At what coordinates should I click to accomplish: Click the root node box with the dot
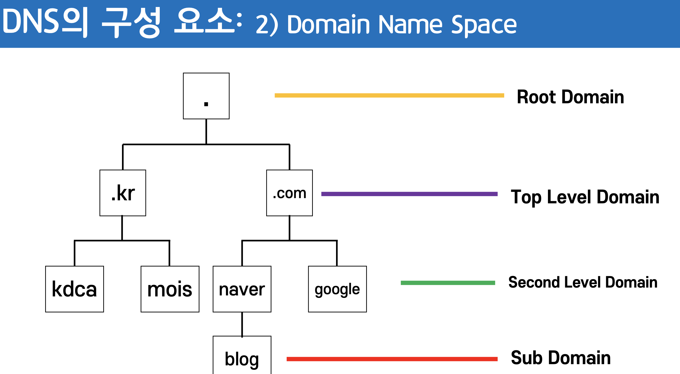point(206,96)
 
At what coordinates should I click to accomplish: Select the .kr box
point(123,193)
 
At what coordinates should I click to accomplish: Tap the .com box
point(289,193)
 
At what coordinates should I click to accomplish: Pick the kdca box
point(74,289)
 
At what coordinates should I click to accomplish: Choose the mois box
point(170,289)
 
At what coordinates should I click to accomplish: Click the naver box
point(242,289)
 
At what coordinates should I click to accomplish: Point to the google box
point(337,289)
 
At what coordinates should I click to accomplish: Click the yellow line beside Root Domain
point(389,95)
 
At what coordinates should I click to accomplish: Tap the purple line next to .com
point(409,194)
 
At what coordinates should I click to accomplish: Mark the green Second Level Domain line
point(448,283)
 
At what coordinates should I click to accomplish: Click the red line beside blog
point(392,359)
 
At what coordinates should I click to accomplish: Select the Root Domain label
point(570,97)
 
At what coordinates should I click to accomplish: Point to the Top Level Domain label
point(585,197)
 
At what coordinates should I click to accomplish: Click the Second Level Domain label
point(583,282)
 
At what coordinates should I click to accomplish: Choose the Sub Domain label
point(561,358)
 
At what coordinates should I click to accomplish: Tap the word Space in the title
point(484,25)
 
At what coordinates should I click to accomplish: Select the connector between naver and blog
point(242,324)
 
